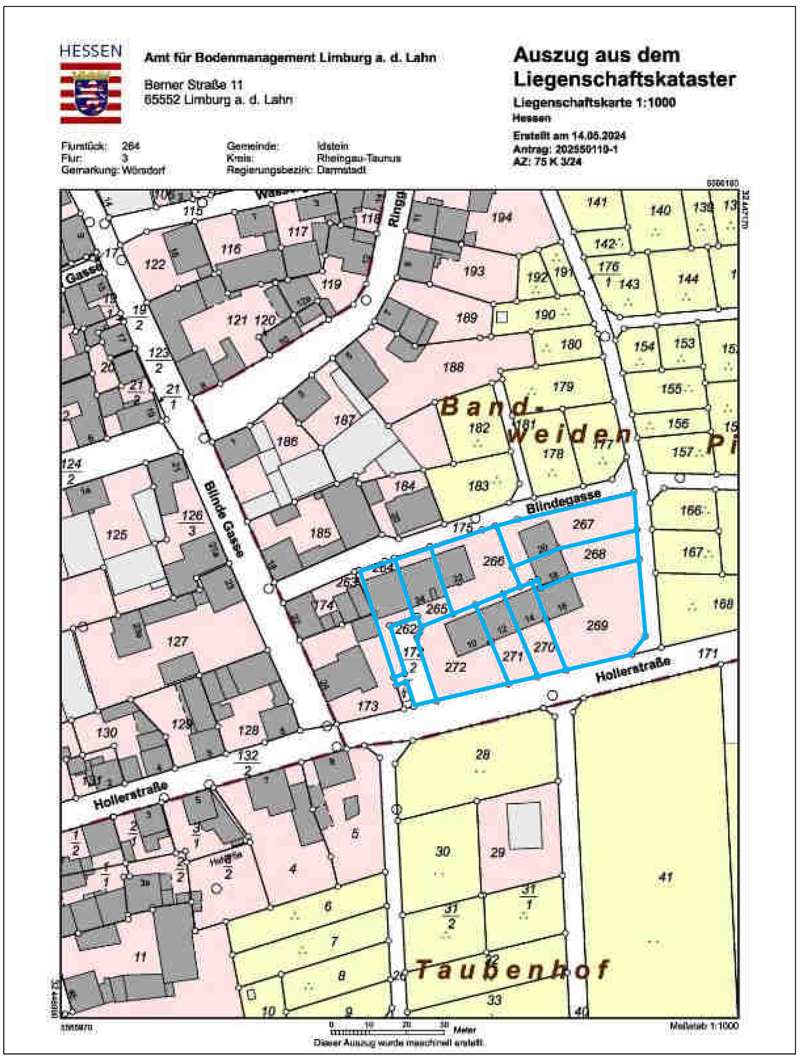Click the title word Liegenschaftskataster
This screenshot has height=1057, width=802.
[x=625, y=79]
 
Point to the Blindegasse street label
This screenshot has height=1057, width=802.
[x=563, y=502]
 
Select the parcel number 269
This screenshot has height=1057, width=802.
[x=597, y=625]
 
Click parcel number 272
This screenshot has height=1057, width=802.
[x=455, y=667]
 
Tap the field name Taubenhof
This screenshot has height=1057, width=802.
[x=513, y=969]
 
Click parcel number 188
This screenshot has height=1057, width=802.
[x=453, y=367]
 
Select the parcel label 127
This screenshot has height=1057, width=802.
[x=177, y=641]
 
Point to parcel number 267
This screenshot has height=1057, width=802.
[x=583, y=524]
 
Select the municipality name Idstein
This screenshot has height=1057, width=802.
[x=333, y=146]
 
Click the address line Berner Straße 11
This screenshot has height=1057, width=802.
[x=193, y=85]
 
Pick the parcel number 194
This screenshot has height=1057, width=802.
[x=502, y=217]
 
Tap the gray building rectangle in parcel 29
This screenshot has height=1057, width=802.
[x=524, y=826]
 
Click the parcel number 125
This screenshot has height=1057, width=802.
[x=116, y=534]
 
